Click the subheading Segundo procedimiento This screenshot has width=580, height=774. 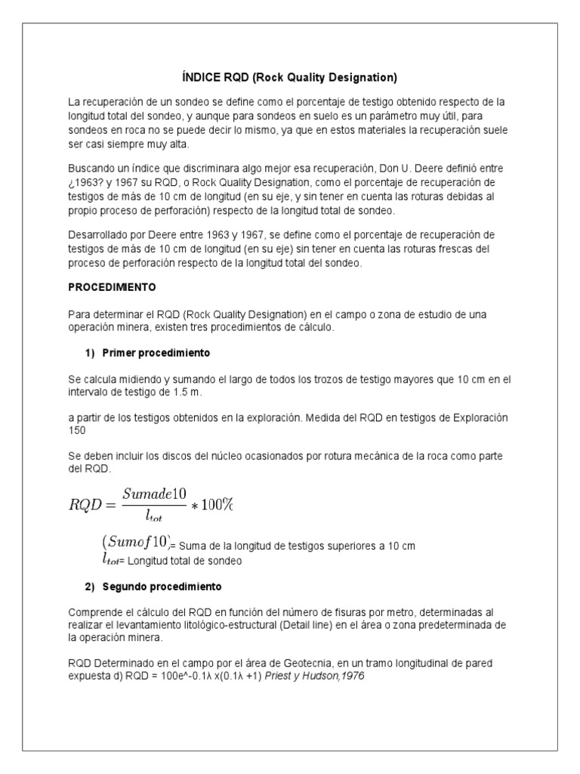tap(161, 587)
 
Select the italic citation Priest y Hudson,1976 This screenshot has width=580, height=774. tap(321, 676)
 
